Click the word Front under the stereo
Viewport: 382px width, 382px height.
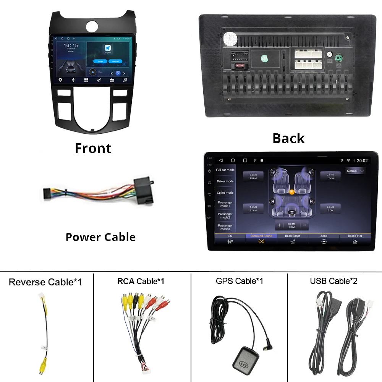pos(93,148)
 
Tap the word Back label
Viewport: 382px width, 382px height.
pos(288,138)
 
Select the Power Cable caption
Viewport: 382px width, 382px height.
pos(100,237)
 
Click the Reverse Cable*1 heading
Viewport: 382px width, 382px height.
pos(45,282)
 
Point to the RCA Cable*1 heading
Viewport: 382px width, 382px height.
pos(141,282)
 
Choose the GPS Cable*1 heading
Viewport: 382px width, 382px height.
pos(239,281)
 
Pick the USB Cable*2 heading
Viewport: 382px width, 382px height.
pos(333,281)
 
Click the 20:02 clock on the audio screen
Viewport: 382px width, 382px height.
pos(362,161)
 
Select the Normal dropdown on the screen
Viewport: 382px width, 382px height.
pos(355,171)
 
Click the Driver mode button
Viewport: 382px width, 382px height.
pos(225,181)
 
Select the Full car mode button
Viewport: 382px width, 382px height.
pos(225,170)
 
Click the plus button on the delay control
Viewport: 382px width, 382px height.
pos(279,225)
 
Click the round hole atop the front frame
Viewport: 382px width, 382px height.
pos(93,26)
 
